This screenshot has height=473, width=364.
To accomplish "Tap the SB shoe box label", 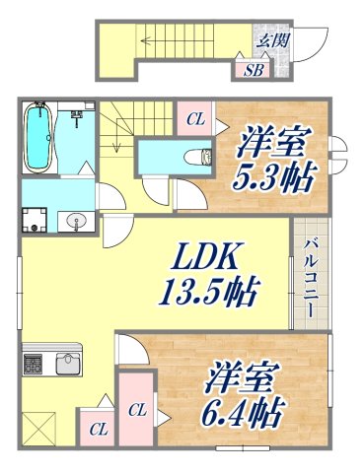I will [x=253, y=70].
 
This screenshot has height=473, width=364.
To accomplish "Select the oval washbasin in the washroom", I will [x=75, y=221].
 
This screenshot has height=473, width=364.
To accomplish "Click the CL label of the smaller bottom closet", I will [x=97, y=429].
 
